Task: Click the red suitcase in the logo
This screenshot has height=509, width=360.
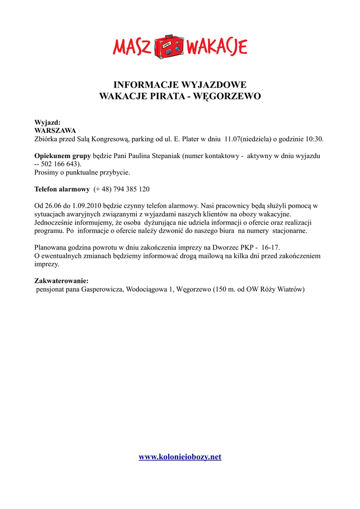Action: click(x=170, y=47)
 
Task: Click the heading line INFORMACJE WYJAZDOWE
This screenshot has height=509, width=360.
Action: click(x=180, y=85)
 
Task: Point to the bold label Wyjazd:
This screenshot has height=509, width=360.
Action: click(x=47, y=122)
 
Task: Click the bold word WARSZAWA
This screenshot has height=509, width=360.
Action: click(x=55, y=130)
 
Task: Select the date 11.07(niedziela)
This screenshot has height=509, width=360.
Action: click(x=248, y=139)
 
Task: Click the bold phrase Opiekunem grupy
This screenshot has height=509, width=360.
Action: click(x=63, y=156)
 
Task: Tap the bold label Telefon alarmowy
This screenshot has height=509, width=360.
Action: click(x=62, y=189)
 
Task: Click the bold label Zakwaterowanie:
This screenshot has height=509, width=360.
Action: click(x=62, y=281)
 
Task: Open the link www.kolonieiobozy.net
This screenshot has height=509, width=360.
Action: click(x=180, y=457)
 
